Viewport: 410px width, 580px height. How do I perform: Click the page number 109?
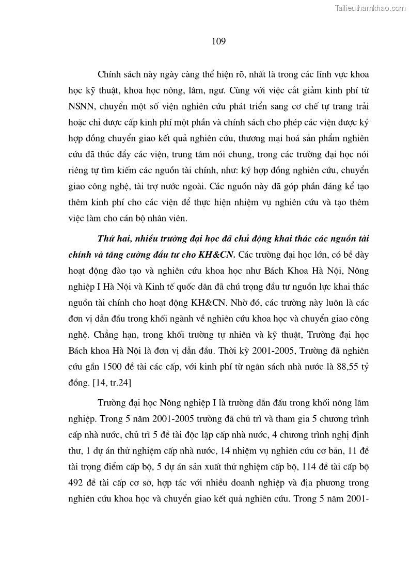[x=218, y=41]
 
